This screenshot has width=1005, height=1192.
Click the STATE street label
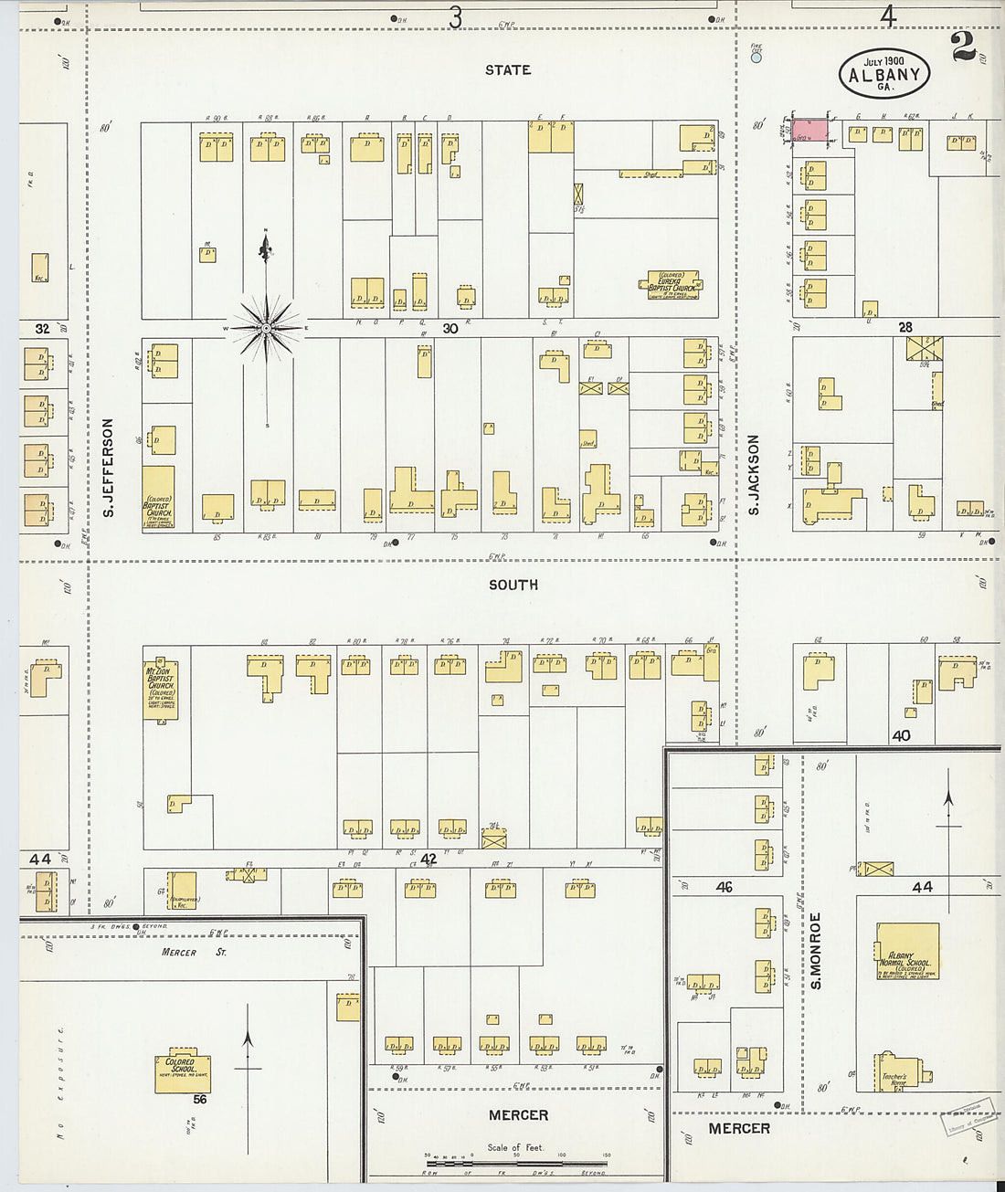[508, 69]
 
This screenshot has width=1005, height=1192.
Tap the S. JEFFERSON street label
[108, 468]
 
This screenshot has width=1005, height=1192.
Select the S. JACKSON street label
[754, 474]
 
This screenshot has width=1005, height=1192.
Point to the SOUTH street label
[513, 585]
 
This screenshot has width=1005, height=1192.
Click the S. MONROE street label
[816, 950]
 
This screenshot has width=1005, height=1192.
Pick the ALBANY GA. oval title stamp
[884, 73]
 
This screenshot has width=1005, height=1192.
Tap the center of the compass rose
[266, 327]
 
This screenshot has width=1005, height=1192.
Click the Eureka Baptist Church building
[672, 283]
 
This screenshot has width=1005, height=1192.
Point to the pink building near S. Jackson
[810, 130]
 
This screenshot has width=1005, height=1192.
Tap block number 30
[450, 327]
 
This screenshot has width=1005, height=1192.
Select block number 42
[428, 860]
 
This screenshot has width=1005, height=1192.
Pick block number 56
[199, 1100]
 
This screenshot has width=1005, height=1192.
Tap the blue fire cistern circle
[756, 58]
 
